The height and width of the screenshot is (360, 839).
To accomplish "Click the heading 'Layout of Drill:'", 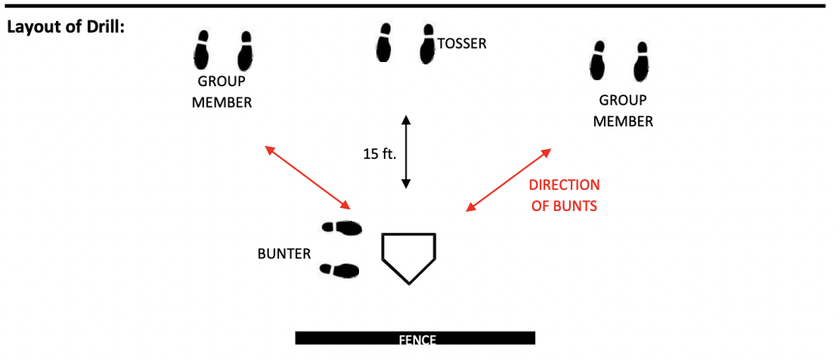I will click(67, 26).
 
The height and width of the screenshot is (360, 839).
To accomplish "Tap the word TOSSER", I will click(462, 43).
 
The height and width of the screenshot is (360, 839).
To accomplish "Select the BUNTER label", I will click(284, 254).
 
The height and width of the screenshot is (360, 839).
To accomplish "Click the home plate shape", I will click(409, 255).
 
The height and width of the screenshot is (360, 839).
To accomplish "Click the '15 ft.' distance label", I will click(379, 154).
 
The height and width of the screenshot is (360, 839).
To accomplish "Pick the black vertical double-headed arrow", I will click(406, 152).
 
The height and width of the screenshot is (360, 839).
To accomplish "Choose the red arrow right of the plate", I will click(509, 179).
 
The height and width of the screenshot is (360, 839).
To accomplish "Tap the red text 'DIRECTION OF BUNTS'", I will click(564, 196).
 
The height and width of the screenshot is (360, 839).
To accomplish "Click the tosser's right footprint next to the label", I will click(427, 43).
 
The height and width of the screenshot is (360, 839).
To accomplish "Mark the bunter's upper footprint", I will click(342, 228).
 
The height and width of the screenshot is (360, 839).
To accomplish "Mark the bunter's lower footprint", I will click(340, 270).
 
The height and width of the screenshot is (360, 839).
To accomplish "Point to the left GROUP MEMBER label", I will click(222, 92).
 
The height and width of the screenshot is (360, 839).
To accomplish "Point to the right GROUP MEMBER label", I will click(623, 111).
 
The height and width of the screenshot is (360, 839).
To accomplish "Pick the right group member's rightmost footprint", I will click(640, 62).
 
